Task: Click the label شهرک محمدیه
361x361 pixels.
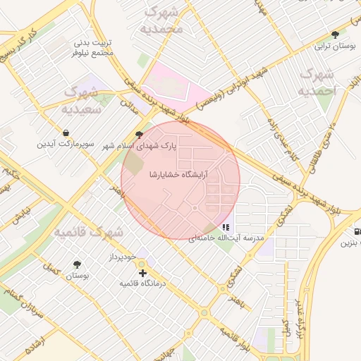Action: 162,20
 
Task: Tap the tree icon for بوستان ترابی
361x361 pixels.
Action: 335,35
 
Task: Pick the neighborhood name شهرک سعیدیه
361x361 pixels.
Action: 82,100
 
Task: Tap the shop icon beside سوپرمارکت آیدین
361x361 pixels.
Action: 66,133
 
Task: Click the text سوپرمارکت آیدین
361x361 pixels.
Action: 66,144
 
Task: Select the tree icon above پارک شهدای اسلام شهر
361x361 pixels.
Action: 139,134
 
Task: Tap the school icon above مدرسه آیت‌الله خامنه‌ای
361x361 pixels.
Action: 225,227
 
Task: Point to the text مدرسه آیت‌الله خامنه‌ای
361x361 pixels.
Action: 226,238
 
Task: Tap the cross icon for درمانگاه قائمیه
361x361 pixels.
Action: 142,272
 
